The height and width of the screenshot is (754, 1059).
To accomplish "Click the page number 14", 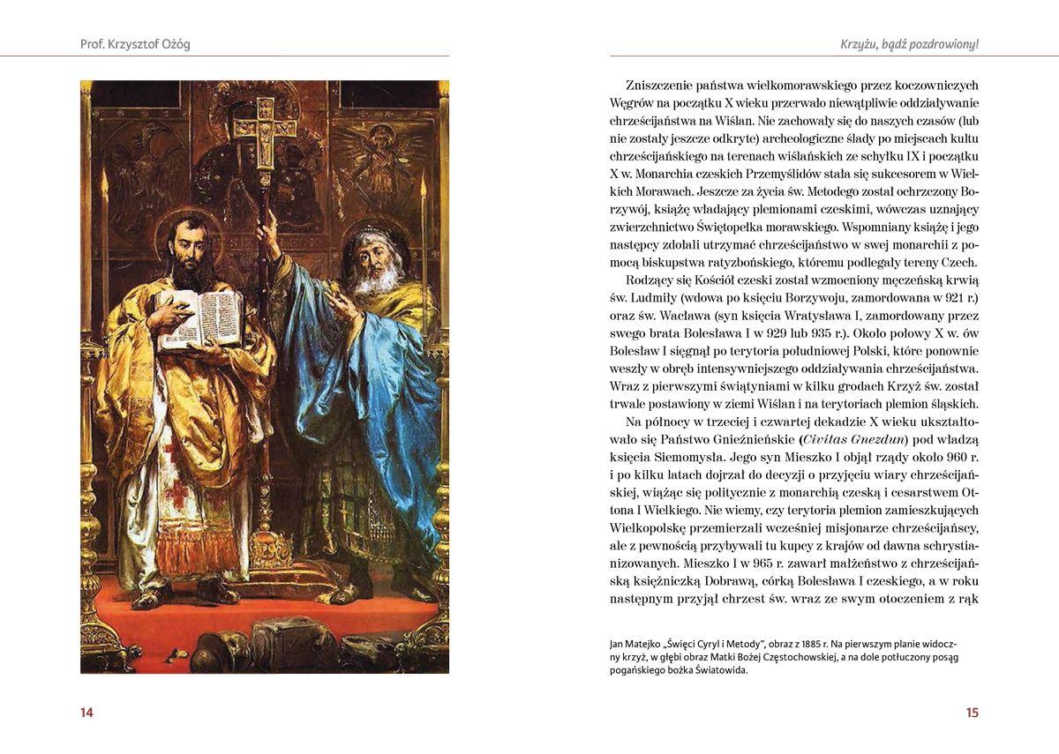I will tap(86, 713).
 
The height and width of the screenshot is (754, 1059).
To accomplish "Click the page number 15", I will tap(972, 713).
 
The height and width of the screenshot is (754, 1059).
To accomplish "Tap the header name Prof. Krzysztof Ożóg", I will tap(135, 44).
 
